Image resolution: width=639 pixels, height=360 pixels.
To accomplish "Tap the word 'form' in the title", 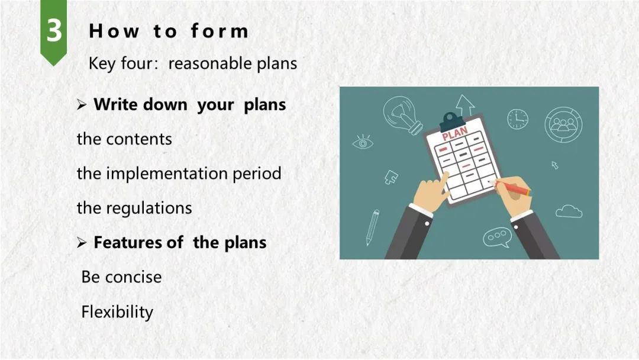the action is [x=220, y=31].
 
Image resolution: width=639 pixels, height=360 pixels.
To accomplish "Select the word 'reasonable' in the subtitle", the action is [x=210, y=63].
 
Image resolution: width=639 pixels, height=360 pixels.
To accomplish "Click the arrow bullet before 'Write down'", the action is [x=82, y=105].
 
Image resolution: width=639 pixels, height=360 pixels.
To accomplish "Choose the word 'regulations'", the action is [x=149, y=208].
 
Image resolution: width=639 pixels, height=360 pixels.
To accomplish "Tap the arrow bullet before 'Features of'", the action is [x=82, y=243].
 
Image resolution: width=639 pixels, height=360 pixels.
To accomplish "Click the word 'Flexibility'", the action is [x=117, y=312].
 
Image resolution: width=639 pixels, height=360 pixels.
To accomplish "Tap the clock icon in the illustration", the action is [x=518, y=119].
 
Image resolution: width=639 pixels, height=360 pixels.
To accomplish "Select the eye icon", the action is [x=362, y=142].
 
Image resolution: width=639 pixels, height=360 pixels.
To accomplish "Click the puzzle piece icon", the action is [x=391, y=177].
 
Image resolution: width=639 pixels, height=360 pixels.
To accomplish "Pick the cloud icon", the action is [x=569, y=211].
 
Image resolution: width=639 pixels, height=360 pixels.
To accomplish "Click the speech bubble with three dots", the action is [x=497, y=237].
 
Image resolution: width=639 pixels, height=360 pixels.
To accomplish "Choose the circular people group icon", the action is [x=563, y=124].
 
